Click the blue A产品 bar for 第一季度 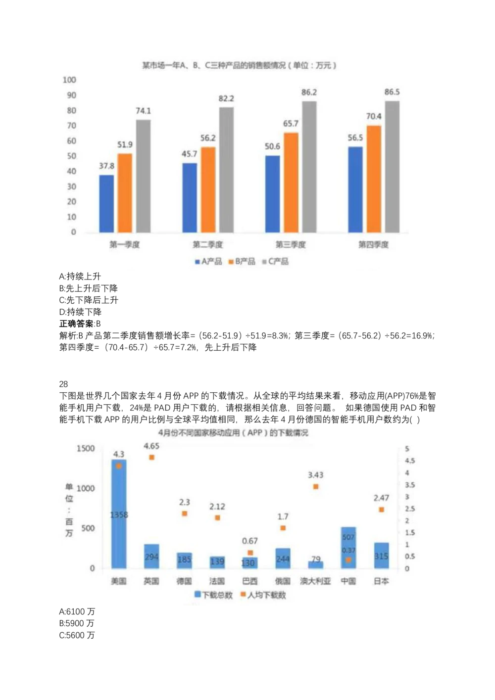pos(106,203)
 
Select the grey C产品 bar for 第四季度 pos(392,167)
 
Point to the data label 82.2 pos(226,99)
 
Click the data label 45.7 pos(189,154)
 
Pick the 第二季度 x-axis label pos(207,244)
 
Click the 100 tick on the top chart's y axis pos(69,80)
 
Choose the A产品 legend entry pos(208,261)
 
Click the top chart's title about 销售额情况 pos(239,65)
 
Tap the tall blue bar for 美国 pos(119,514)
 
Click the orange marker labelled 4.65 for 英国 pos(151,458)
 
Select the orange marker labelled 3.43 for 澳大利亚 pos(316,487)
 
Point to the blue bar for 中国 pos(348,548)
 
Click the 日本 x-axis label pos(381,581)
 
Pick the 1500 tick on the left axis pos(85,449)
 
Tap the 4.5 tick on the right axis pos(410,461)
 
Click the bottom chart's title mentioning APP pos(233,433)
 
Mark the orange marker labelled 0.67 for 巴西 pos(250,553)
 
